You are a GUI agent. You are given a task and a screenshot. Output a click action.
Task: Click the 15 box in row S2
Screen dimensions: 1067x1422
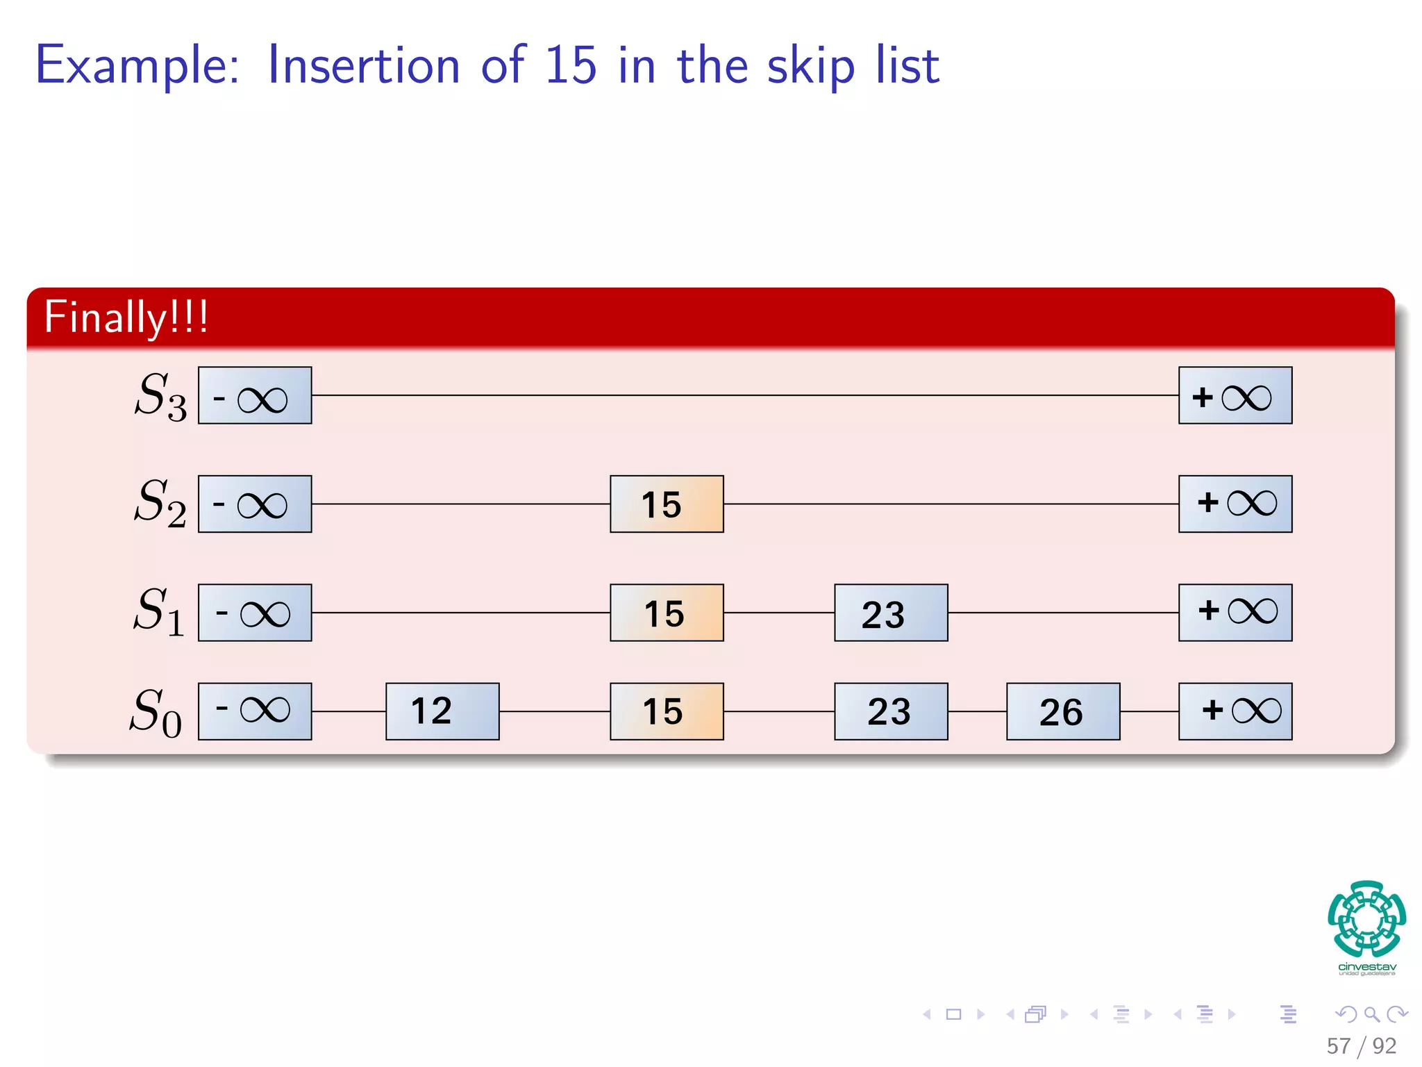click(667, 504)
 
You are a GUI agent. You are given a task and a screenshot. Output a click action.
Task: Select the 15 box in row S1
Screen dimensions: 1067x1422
click(667, 613)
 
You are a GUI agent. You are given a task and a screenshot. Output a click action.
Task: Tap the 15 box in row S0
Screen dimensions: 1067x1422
click(667, 711)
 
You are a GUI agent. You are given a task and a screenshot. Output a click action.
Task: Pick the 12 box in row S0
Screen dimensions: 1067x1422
click(442, 711)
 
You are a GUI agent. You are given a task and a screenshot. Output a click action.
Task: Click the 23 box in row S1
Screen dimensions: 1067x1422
click(891, 613)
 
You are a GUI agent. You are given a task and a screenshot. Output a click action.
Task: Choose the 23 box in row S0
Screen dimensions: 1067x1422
click(891, 711)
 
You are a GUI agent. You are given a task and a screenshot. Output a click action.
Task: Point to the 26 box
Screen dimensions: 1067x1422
click(1063, 711)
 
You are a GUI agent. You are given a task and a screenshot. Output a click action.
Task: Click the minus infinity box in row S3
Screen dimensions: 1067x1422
click(255, 395)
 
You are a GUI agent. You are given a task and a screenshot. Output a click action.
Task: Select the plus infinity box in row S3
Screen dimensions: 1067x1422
click(1235, 395)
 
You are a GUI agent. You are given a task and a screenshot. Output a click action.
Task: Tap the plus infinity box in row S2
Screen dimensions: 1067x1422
click(1235, 504)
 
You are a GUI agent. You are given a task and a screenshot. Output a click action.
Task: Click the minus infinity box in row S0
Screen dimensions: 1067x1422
click(255, 711)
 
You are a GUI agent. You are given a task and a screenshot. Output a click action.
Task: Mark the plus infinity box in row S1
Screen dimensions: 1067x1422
click(1235, 613)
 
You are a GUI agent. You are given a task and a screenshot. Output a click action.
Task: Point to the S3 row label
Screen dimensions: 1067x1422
click(160, 396)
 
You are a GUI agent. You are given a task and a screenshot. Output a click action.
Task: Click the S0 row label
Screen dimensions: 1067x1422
click(156, 713)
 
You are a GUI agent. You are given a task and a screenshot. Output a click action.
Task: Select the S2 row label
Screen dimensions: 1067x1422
click(160, 503)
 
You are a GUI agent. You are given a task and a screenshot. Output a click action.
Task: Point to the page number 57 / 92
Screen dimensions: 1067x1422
click(1361, 1045)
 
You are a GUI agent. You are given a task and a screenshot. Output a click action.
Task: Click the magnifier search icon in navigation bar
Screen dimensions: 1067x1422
click(1371, 1014)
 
